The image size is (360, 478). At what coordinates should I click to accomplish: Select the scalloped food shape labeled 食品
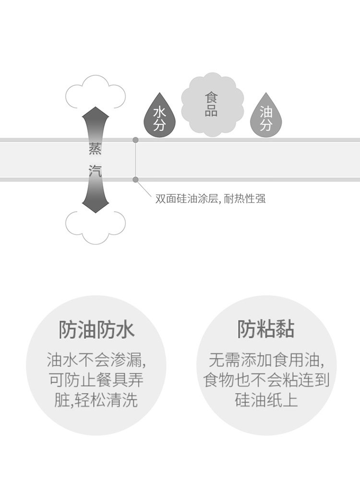213,105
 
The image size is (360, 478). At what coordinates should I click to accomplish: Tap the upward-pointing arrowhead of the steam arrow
96,113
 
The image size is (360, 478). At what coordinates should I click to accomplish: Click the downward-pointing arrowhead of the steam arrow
96,206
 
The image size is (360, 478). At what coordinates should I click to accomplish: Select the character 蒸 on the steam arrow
95,148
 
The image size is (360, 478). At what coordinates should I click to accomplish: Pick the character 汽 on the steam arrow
95,171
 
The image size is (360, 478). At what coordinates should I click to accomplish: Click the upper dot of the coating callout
136,140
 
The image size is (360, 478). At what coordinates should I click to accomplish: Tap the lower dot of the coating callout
136,179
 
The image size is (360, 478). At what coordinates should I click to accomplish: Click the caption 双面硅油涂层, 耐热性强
210,199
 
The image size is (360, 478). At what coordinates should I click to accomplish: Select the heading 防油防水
96,330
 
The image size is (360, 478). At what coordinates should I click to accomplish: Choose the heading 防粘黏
266,330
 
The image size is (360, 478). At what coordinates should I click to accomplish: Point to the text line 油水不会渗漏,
96,360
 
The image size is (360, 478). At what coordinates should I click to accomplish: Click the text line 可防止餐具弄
96,380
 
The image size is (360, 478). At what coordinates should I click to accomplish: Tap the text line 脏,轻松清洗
96,400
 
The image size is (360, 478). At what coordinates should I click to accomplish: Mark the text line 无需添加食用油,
266,360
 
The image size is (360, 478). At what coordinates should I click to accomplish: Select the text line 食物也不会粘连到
266,380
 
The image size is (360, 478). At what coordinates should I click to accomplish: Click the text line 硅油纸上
266,400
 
